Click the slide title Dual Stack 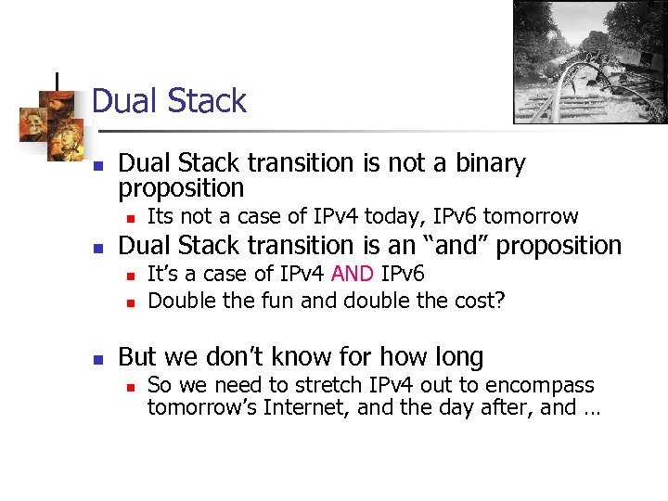[170, 101]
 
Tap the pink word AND [353, 275]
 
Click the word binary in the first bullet [484, 164]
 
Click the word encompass [543, 385]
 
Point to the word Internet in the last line [308, 408]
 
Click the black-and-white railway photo [590, 62]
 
